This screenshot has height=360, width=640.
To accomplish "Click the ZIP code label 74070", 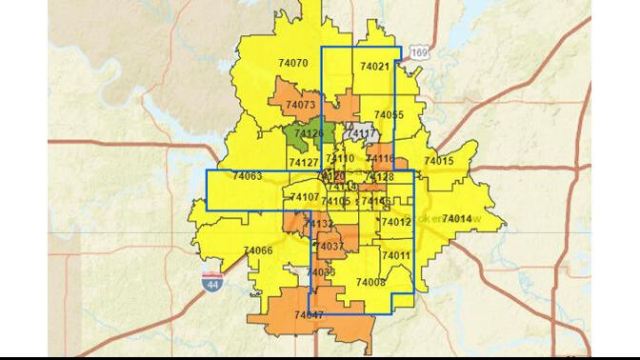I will [x=293, y=63].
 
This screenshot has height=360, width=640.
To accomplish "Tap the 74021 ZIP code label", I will [x=374, y=67].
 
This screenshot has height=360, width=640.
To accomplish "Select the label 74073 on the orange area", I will [x=300, y=105].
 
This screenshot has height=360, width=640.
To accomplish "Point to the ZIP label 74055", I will [x=389, y=114].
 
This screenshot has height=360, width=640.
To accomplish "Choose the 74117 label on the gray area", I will [x=363, y=134].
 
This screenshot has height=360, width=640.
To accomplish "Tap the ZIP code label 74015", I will [x=439, y=161].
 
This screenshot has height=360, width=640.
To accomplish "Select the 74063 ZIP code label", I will [x=247, y=176].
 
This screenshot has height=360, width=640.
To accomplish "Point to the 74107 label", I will [x=305, y=197].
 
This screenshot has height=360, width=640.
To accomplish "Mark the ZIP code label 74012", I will [x=395, y=222].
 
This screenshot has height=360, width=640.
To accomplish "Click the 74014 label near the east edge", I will [x=457, y=218].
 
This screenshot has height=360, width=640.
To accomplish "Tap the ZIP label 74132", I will [x=319, y=224].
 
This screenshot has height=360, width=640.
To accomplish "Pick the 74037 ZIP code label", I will [x=329, y=247].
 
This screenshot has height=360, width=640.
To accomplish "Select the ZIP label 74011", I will [x=395, y=256].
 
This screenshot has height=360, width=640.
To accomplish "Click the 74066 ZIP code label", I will [x=258, y=250].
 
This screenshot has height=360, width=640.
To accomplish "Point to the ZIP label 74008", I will [x=370, y=283].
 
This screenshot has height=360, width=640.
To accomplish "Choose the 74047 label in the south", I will [x=309, y=314].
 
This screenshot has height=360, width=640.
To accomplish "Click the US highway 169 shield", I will [x=419, y=51].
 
